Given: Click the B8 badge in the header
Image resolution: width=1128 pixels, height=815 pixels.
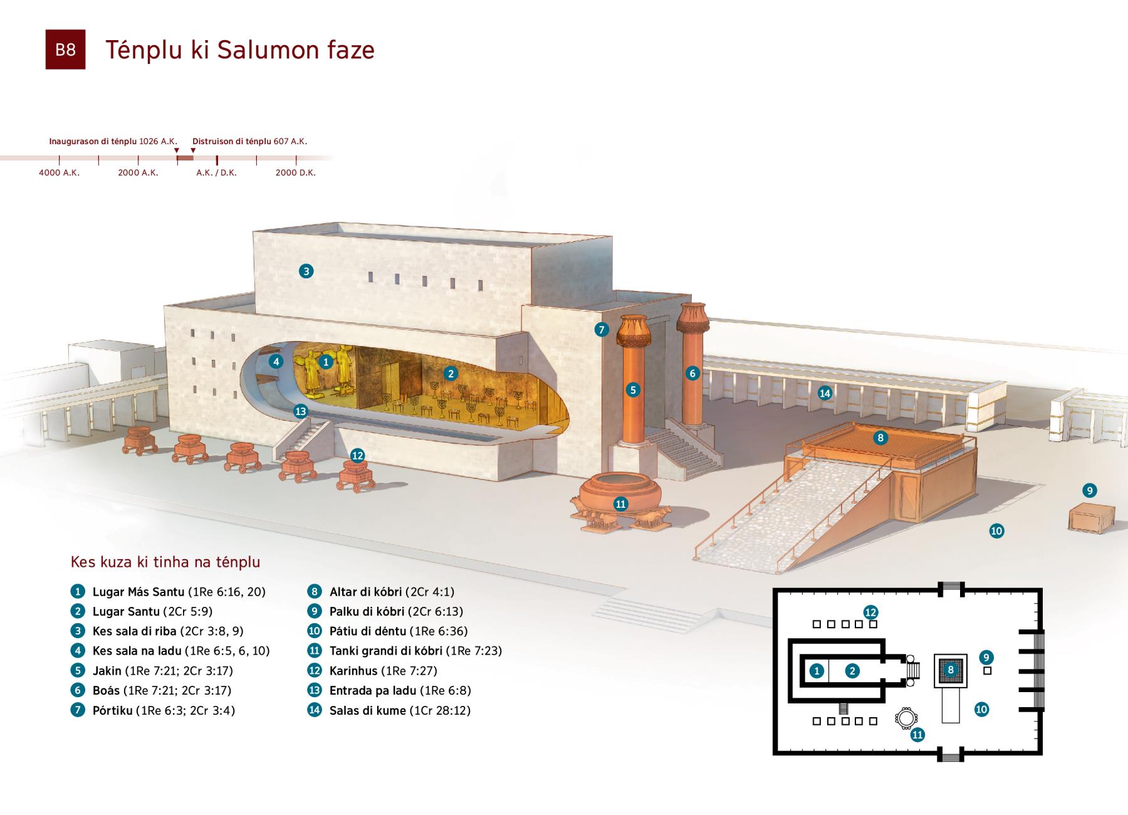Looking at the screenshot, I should point(65,50).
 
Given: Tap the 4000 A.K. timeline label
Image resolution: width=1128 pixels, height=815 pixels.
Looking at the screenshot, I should point(59,172).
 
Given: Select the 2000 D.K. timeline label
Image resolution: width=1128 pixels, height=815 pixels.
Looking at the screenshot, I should point(295,172).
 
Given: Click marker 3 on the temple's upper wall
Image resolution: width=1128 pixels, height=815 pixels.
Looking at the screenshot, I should point(306,271).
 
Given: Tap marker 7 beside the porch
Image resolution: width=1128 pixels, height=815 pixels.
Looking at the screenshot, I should point(602,329).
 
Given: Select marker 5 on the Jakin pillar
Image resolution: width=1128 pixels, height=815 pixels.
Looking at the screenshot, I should point(633,390).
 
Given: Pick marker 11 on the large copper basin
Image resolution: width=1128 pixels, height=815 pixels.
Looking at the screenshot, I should point(620,504).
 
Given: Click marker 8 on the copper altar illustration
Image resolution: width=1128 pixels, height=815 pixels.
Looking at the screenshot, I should point(880,438).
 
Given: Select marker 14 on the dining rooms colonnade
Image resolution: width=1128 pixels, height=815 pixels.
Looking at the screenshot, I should point(825,393).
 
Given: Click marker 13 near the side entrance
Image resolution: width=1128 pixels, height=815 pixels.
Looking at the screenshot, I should point(301,411).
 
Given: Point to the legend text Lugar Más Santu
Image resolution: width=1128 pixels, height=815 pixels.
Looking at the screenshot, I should point(138,592).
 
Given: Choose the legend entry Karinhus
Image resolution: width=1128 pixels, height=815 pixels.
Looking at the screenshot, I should point(353,671).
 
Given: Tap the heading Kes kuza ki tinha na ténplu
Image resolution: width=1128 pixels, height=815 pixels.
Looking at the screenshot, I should point(165,562).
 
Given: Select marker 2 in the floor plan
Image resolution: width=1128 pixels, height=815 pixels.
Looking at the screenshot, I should point(852,671).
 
